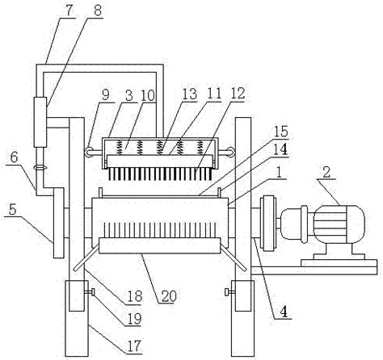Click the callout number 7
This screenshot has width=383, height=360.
click(x=69, y=10)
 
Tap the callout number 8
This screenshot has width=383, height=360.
click(x=98, y=10)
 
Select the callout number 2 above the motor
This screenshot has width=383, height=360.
click(x=326, y=173)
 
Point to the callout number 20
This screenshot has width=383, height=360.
click(x=169, y=296)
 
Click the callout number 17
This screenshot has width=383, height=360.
click(x=134, y=345)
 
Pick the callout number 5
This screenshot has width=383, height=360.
click(x=13, y=210)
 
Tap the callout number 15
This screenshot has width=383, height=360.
click(x=281, y=132)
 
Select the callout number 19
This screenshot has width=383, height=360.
click(x=134, y=319)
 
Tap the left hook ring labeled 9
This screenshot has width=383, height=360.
click(x=89, y=152)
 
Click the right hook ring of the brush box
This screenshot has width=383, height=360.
click(x=229, y=152)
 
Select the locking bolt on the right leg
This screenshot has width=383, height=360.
click(x=229, y=292)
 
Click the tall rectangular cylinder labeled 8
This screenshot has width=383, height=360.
click(x=40, y=122)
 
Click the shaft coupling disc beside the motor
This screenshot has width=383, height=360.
click(x=267, y=224)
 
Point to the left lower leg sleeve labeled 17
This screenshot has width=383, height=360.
click(x=78, y=318)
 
